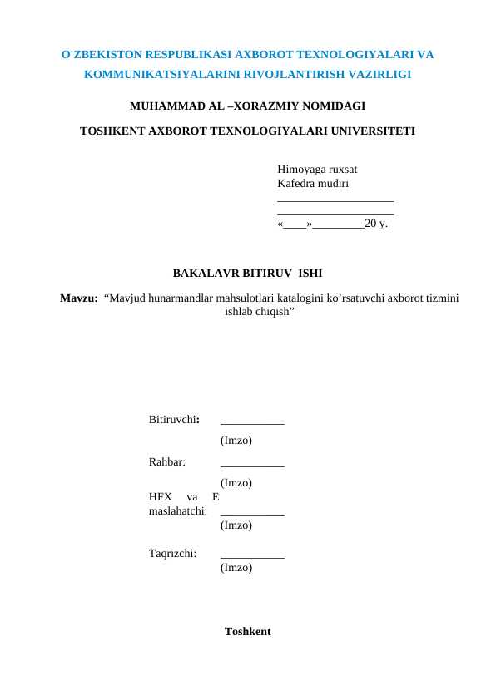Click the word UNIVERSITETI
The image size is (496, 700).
[370, 131]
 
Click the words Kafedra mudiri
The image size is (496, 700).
[312, 183]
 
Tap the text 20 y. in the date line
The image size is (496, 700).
[376, 224]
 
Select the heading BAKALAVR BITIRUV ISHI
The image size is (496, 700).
[247, 273]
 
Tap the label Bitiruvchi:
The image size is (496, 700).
[173, 419]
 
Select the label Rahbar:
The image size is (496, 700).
[166, 461]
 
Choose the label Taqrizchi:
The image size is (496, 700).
[172, 552]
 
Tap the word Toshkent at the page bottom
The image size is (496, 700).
[247, 632]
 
